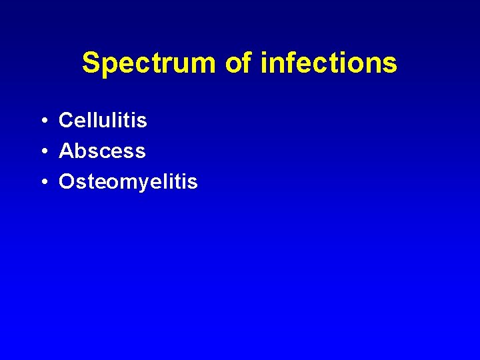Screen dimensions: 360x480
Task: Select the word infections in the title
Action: (x=329, y=64)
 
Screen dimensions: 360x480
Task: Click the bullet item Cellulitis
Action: (x=103, y=121)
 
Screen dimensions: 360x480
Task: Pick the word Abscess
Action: (x=102, y=151)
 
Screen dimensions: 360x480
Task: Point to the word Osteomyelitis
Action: (x=128, y=182)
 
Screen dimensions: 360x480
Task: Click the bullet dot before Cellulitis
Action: (x=42, y=121)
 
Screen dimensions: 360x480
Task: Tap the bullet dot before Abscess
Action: (x=42, y=152)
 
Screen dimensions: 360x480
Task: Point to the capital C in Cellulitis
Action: (x=66, y=121)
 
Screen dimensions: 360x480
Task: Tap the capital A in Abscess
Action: (x=66, y=151)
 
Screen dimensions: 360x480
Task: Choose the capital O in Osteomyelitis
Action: (x=67, y=182)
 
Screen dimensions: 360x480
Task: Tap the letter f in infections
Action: (x=289, y=63)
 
